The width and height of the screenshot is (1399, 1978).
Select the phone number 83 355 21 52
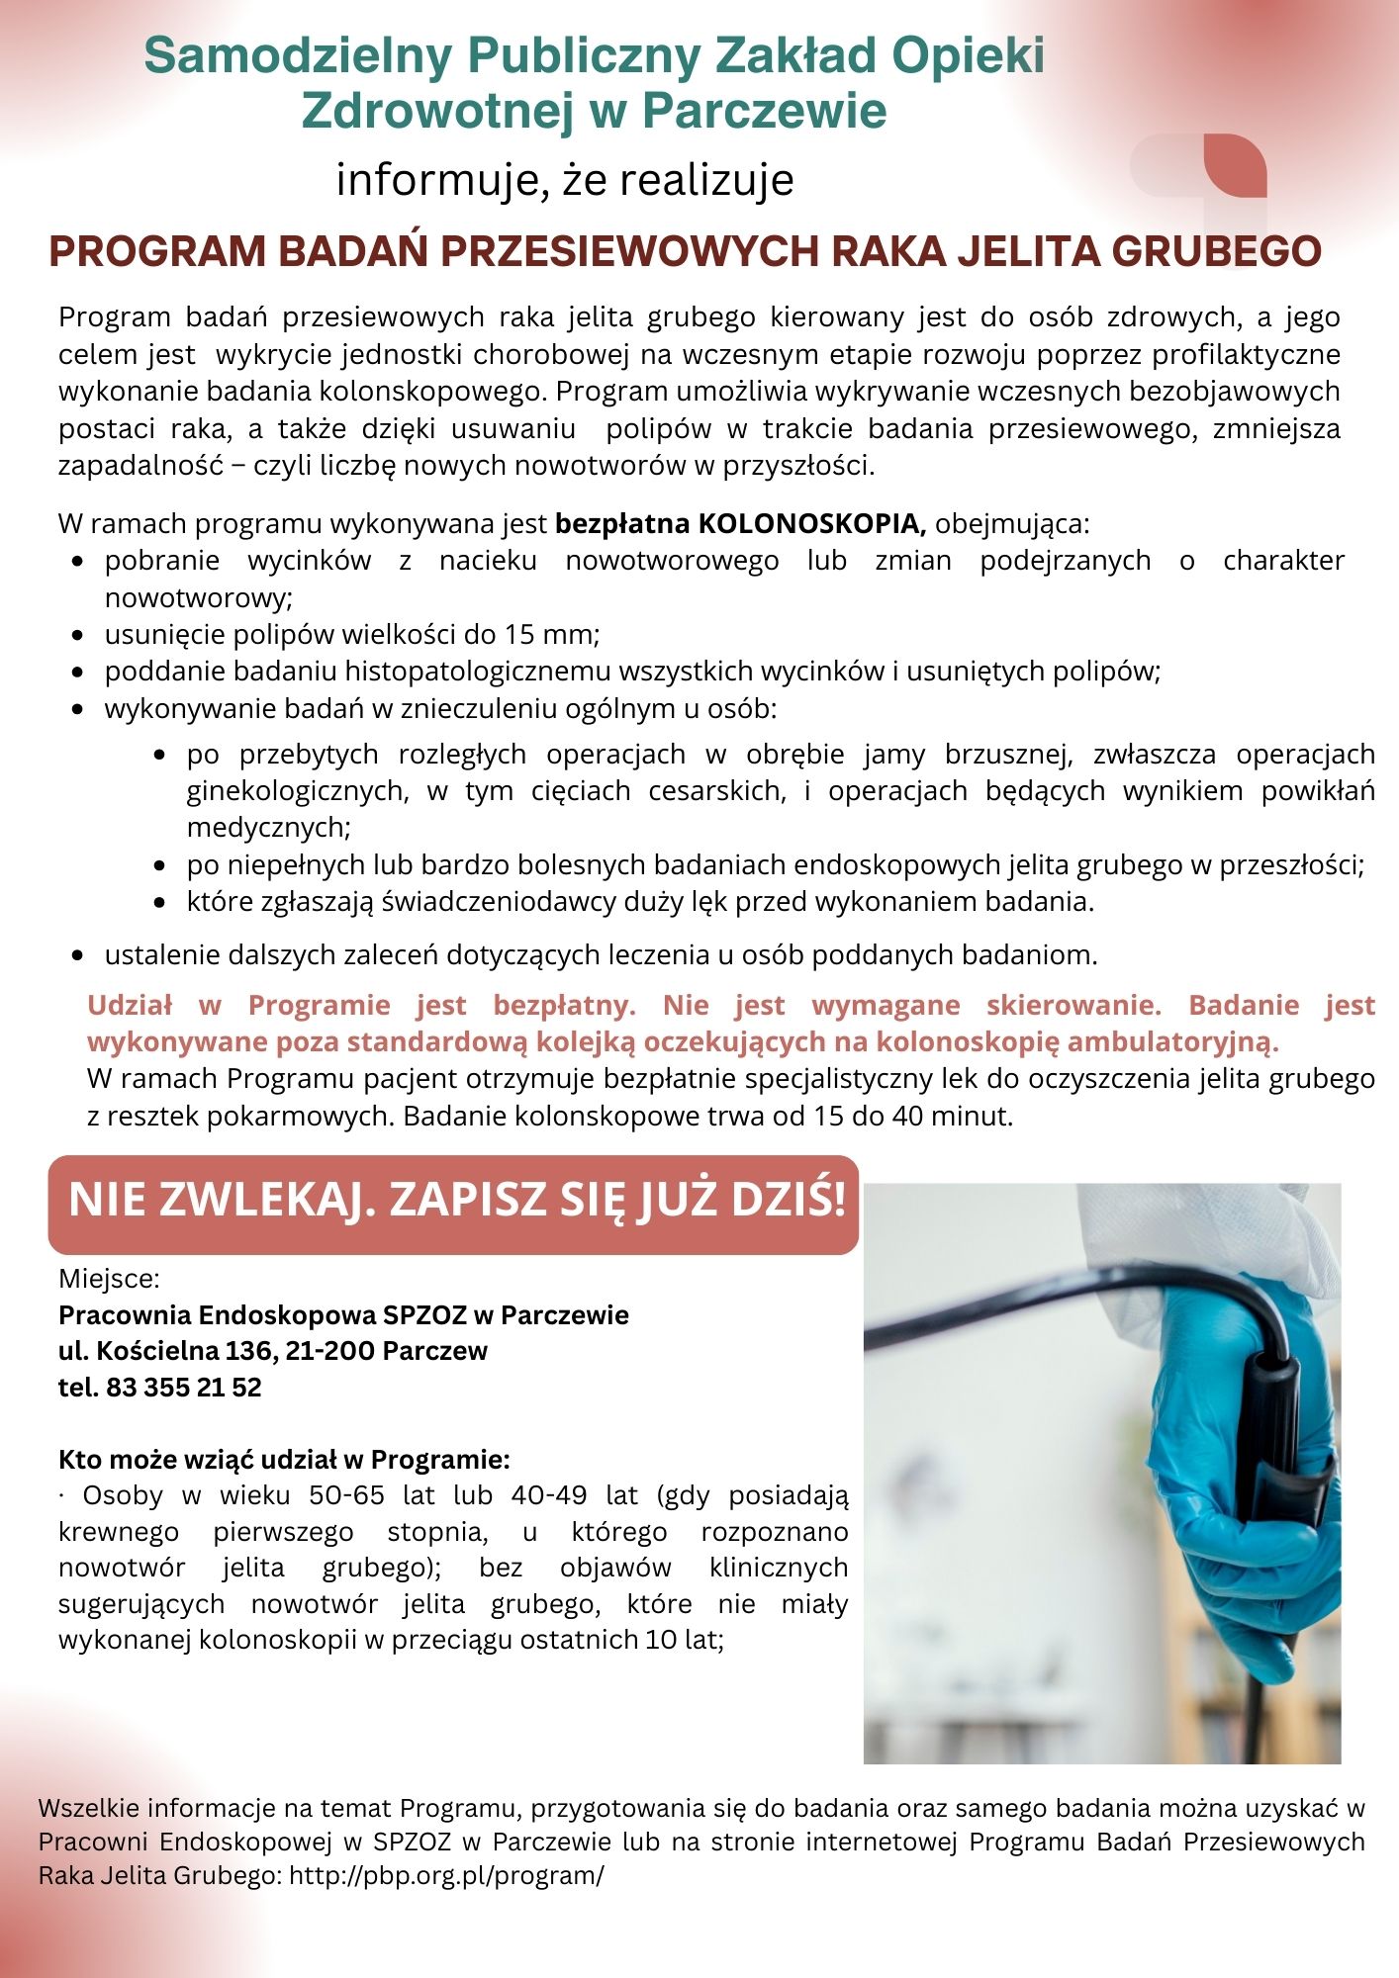tap(183, 1387)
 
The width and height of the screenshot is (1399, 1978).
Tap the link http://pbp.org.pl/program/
tap(445, 1875)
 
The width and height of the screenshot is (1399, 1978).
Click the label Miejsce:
tap(109, 1279)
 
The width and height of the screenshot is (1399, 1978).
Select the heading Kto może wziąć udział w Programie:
tap(284, 1460)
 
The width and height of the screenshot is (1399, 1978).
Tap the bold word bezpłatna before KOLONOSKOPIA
tap(622, 523)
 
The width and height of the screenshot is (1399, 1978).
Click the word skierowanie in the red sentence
tap(1073, 1005)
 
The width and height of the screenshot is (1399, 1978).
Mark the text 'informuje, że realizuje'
tap(565, 181)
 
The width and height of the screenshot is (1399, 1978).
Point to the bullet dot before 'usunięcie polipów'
tap(77, 635)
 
